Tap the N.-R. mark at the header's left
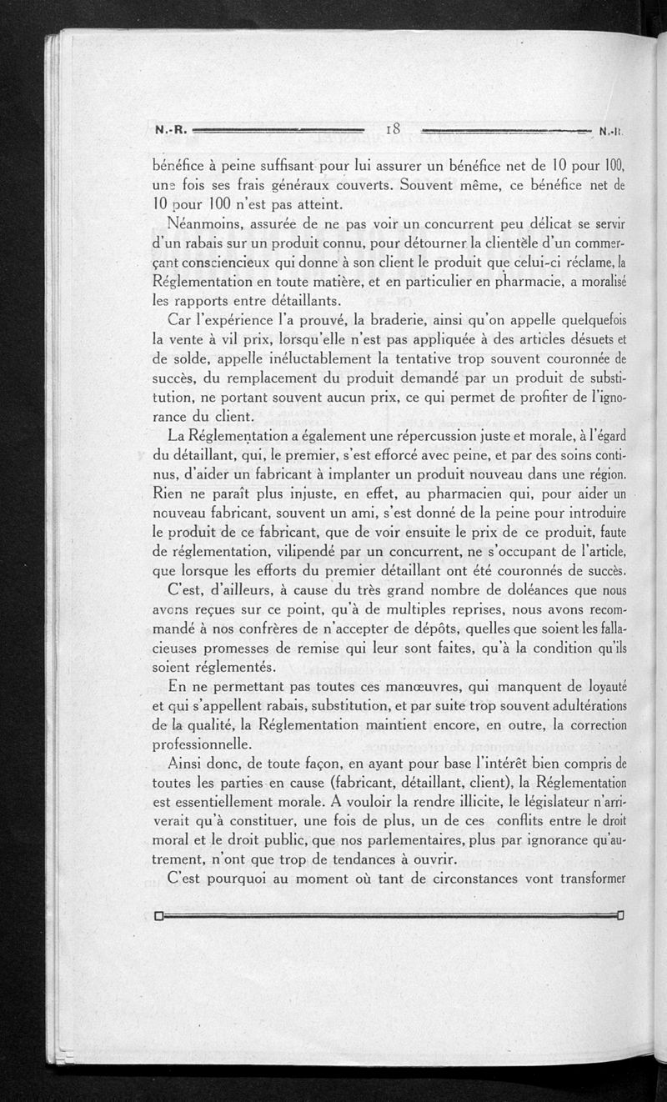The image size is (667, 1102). [x=173, y=130]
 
